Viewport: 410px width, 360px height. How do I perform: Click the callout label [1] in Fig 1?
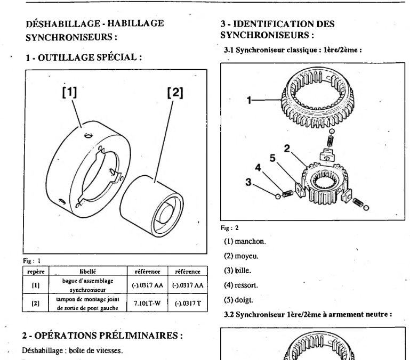coord(69,91)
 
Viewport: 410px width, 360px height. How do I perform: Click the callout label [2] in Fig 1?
coord(175,92)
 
